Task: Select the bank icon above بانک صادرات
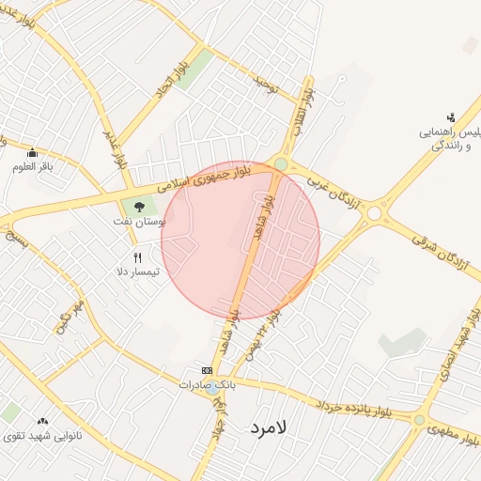pyautogui.click(x=207, y=371)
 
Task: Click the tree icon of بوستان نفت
pyautogui.click(x=139, y=206)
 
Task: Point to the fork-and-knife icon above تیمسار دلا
pyautogui.click(x=138, y=257)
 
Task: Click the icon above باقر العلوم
pyautogui.click(x=33, y=153)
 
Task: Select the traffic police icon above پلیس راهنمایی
pyautogui.click(x=451, y=117)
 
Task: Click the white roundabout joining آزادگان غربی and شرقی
pyautogui.click(x=375, y=213)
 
